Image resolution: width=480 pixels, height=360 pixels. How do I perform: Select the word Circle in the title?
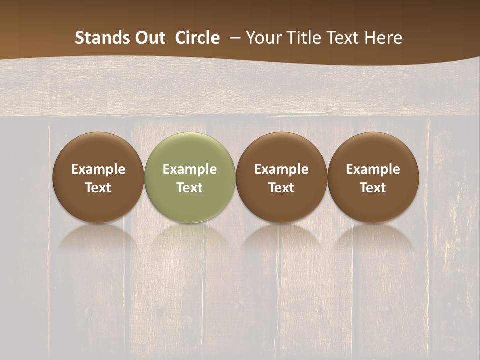coord(197,38)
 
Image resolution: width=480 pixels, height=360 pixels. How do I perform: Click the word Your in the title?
coord(260,38)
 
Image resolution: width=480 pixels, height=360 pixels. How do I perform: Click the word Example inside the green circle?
coord(190,169)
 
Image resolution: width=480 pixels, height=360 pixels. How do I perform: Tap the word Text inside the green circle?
coord(190,188)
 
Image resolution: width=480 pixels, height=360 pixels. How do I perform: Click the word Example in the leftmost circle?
coord(98,169)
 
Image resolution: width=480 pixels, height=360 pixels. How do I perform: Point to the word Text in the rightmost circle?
coord(373,188)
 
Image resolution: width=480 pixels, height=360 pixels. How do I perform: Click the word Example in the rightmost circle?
coord(373,169)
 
